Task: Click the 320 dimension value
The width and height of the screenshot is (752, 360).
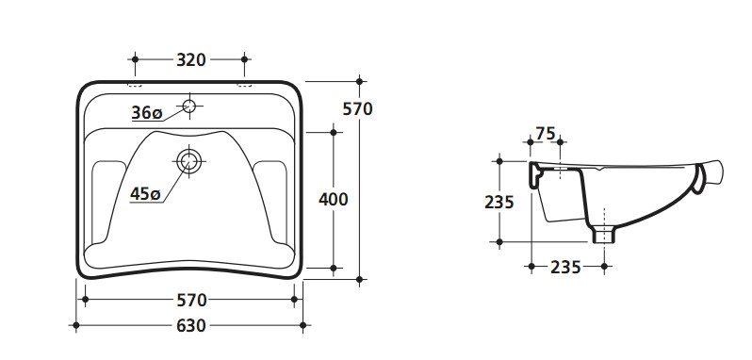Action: coord(191,60)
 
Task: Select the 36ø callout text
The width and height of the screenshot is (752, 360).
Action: coord(147,113)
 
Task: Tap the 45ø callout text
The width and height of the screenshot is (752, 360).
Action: coord(145,194)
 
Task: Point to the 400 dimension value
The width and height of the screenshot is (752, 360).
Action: coord(334,200)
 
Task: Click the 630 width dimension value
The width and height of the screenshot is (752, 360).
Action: coord(191,326)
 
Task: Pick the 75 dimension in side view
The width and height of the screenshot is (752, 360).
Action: coord(546,133)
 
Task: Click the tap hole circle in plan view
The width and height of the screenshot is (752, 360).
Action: coord(189,106)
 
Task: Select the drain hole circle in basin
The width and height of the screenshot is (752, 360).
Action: coord(189,161)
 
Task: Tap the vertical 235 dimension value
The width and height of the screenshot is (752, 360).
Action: coord(499,203)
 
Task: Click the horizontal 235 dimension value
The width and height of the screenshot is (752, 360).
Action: coord(565,267)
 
